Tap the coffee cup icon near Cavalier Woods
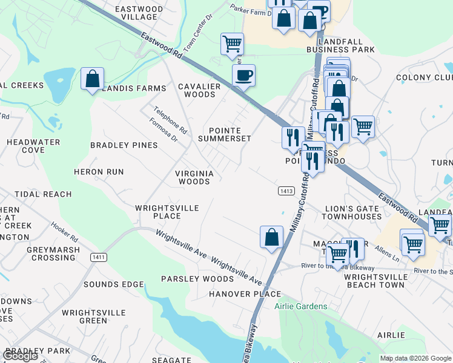[243, 76]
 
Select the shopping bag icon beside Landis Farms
[92, 79]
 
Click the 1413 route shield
[286, 191]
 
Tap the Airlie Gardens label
[300, 307]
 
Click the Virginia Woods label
[194, 177]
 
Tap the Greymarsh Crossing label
[53, 253]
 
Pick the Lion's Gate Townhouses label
[354, 212]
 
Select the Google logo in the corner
[20, 356]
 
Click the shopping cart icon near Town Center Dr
[232, 44]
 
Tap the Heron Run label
[99, 172]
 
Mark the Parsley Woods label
[197, 279]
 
